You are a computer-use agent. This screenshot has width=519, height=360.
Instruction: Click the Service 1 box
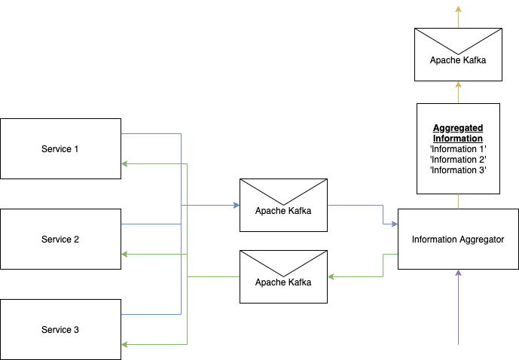(60, 148)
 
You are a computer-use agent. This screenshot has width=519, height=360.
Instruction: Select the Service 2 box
(60, 239)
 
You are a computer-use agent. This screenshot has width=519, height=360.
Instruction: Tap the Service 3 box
(60, 329)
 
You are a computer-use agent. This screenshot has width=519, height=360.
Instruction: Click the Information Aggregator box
(458, 239)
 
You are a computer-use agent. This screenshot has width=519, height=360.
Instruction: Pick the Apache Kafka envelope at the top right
(458, 54)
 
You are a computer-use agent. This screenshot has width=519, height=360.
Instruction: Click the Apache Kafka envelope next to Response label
(283, 205)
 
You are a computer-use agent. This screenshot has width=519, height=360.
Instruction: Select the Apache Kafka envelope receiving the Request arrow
(283, 277)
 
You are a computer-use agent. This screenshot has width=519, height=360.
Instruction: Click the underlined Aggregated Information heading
(458, 133)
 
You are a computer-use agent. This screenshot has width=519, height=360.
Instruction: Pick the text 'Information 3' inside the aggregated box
(458, 170)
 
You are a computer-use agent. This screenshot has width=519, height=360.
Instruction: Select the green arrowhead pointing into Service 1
(125, 163)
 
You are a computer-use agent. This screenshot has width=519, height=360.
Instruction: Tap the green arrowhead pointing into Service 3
(125, 344)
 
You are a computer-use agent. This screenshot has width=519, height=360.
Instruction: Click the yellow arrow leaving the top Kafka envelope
(458, 14)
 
